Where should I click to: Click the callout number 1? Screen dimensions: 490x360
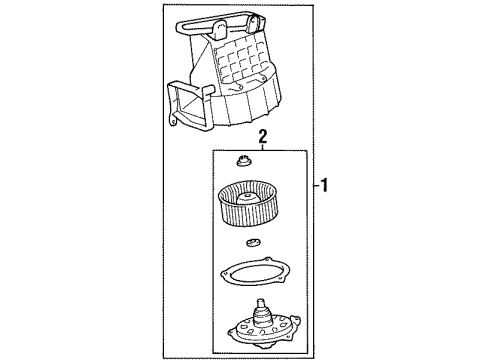pos(324,185)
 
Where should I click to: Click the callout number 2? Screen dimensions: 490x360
pos(263,137)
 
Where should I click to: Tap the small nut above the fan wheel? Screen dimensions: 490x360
pos(244,161)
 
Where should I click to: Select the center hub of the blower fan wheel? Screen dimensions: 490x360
pos(248,199)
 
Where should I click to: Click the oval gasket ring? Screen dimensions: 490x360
pos(255,272)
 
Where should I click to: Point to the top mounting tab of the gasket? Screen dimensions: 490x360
pos(267,259)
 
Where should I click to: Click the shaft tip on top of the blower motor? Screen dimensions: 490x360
pos(261,303)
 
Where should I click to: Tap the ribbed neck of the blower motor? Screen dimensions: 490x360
pos(262,316)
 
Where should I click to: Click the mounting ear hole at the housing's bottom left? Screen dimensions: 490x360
pos(173,122)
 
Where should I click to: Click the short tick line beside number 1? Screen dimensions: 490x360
pos(316,186)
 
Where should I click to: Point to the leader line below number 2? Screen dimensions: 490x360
pos(263,147)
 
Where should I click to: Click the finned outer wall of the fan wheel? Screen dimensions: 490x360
pos(247,213)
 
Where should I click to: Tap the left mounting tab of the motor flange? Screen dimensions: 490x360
pos(232,332)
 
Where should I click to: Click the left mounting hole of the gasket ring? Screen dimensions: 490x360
pos(224,275)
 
